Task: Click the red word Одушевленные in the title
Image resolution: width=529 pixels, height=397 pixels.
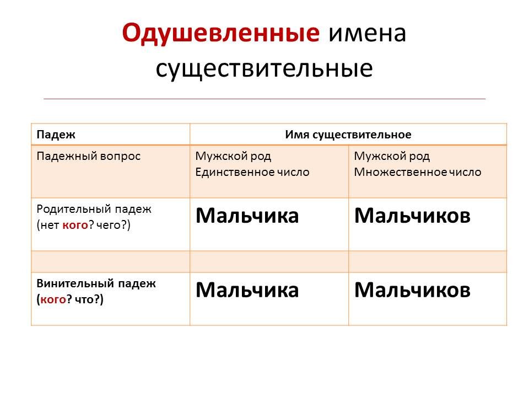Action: tap(220, 34)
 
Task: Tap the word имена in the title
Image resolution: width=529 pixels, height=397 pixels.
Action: tap(367, 34)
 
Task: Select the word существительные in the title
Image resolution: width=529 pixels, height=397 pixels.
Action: tap(264, 69)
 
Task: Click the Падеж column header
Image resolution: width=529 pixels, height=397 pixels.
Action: tap(56, 135)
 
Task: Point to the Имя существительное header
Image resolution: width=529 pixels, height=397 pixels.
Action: tap(348, 135)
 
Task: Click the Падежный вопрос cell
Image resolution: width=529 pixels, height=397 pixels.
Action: tap(88, 156)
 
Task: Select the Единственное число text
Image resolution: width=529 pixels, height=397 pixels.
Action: tap(252, 172)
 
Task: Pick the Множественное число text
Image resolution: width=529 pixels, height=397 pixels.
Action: tap(417, 172)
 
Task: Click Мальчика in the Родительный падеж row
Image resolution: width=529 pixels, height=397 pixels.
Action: tap(247, 216)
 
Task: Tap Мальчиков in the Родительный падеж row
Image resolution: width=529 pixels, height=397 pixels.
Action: tap(412, 216)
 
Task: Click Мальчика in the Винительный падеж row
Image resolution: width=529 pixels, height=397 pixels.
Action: tap(247, 289)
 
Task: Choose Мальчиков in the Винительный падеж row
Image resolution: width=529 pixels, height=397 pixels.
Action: tap(412, 289)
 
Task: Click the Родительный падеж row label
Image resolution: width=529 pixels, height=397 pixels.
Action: tap(94, 210)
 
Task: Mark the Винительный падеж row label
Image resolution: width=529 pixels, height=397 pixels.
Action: tap(96, 283)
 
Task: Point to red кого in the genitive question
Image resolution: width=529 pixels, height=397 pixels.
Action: tap(74, 226)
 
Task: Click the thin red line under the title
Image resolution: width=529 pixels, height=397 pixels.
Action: tap(264, 99)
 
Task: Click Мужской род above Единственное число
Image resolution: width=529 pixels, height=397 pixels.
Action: tap(233, 156)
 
